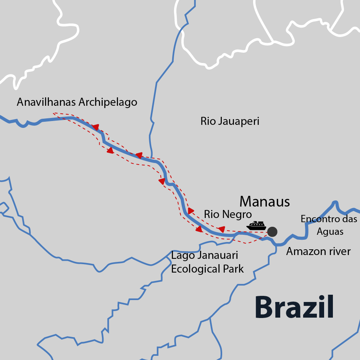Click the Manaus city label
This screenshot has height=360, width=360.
tap(265, 202)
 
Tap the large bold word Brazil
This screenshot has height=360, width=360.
tap(294, 307)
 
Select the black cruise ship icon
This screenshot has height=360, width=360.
tap(256, 225)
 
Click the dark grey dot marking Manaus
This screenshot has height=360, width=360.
tap(272, 231)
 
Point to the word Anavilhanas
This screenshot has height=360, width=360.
tap(46, 102)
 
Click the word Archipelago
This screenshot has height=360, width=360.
tap(108, 103)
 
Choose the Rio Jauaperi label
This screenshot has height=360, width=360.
tap(230, 121)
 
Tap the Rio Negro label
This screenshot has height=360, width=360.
tap(228, 214)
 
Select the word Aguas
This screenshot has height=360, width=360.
tap(330, 231)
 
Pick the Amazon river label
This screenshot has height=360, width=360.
tap(318, 251)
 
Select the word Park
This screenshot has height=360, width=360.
tap(233, 269)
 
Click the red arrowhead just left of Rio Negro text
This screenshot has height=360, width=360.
tap(191, 211)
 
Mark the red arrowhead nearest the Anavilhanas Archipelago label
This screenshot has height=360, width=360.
tap(95, 127)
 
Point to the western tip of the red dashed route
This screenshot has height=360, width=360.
tap(54, 113)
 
